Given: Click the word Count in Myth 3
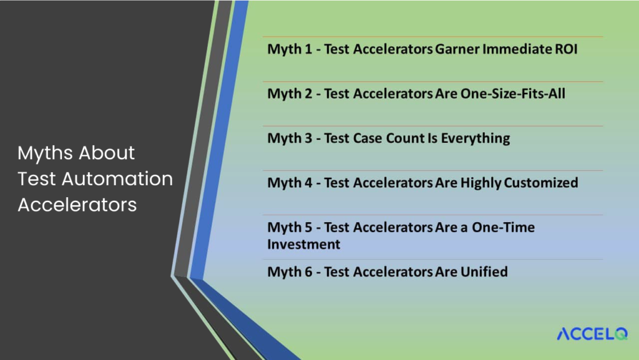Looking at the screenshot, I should tap(408, 139).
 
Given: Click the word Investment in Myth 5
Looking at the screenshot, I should tap(304, 245).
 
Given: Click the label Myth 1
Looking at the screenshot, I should tap(290, 49).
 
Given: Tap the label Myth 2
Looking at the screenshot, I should tap(290, 94).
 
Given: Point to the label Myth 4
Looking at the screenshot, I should tap(290, 183).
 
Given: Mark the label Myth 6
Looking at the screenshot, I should tap(290, 272).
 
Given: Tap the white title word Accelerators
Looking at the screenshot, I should tap(77, 205).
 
